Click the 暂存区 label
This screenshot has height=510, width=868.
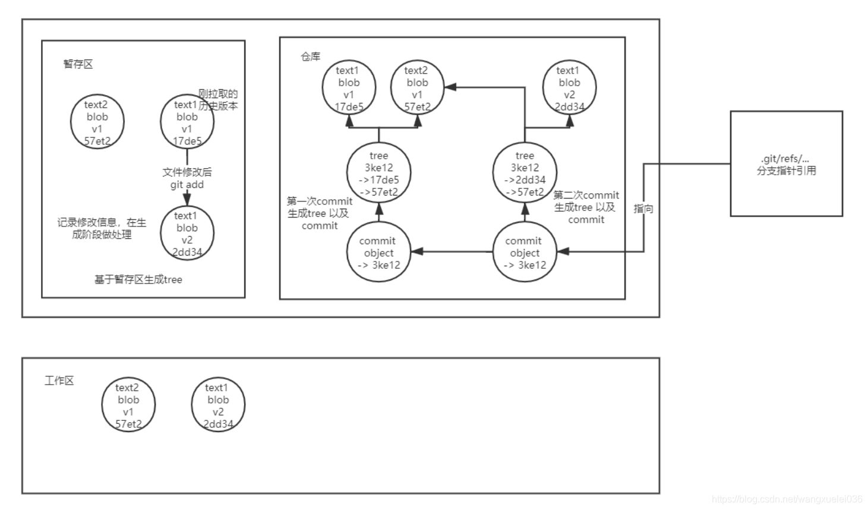pos(78,64)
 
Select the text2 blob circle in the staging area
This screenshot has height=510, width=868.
pos(97,122)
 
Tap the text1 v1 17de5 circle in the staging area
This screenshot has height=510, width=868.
pos(187,122)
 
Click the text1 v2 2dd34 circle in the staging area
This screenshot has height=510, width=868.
pos(187,234)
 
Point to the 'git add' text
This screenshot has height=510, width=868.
pos(187,185)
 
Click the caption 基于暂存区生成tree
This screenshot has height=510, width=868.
pos(138,279)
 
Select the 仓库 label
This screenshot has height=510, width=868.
pos(310,57)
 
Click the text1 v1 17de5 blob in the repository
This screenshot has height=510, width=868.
pos(349,89)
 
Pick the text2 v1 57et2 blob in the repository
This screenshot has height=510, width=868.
pos(417,89)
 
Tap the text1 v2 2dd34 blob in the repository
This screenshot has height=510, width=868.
pos(569,89)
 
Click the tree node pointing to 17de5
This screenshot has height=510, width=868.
pos(378,174)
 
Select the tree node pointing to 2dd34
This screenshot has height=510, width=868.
pos(525,174)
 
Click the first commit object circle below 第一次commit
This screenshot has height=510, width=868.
pos(378,252)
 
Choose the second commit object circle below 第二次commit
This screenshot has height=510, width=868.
pos(525,252)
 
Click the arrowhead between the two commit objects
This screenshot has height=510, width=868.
pos(418,251)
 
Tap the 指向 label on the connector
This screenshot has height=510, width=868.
pos(643,209)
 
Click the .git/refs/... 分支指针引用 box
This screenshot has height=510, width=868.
pos(786,163)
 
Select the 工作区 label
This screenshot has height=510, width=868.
pos(59,381)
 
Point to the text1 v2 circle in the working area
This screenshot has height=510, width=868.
pos(218,405)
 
